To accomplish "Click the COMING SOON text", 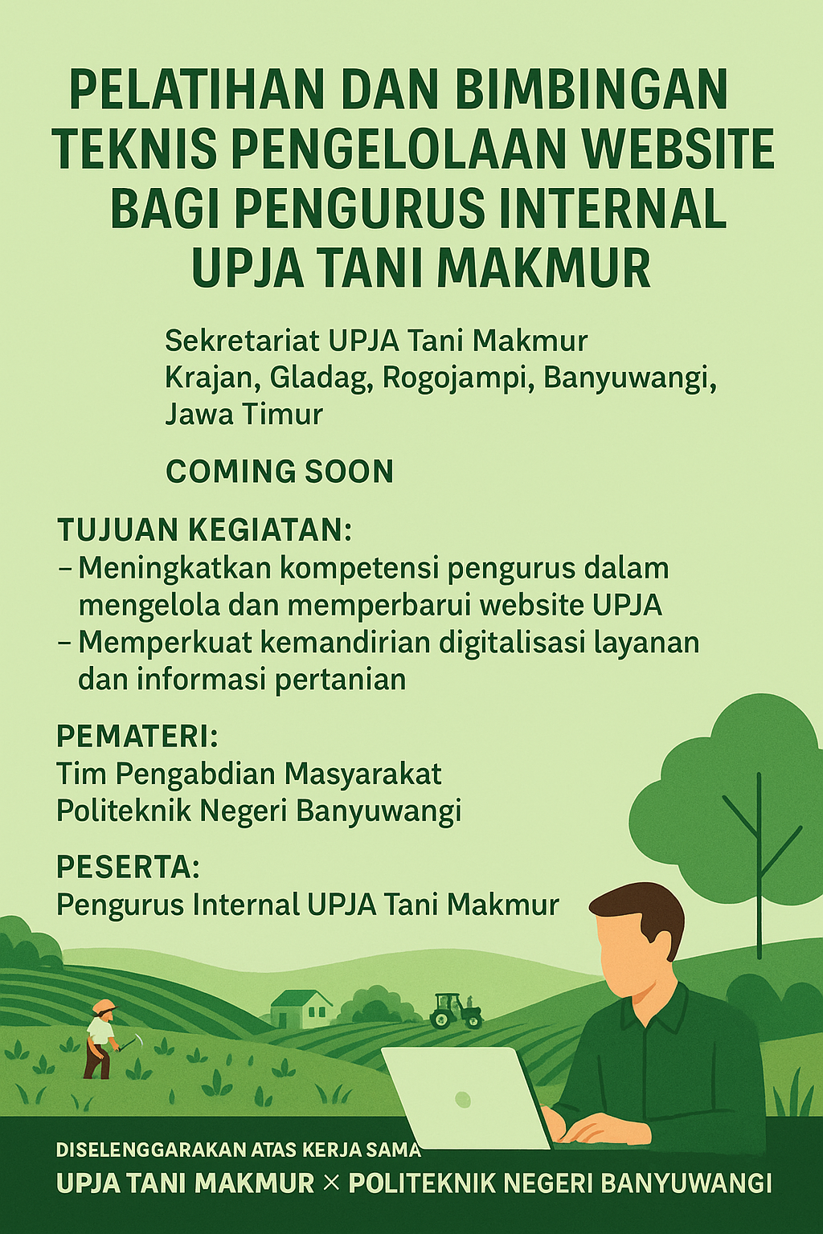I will click(280, 472).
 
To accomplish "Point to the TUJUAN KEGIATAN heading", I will click(205, 530).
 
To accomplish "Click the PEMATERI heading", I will click(137, 736).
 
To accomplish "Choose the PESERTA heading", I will click(128, 868).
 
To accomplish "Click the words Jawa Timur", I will click(244, 415).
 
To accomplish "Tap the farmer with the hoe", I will click(100, 1039).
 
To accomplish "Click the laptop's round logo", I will click(462, 1099).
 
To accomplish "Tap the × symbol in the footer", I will click(331, 1183).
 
